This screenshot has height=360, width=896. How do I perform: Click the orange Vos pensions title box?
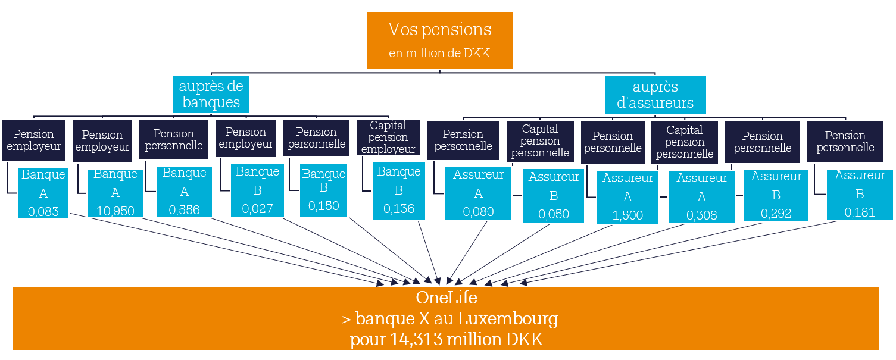439,40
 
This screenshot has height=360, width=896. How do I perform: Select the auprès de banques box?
211,94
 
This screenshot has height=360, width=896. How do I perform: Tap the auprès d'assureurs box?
655,95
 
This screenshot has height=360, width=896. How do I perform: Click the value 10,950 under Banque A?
115,211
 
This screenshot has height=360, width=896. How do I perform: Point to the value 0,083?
43,211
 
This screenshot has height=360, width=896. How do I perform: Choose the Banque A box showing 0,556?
185,191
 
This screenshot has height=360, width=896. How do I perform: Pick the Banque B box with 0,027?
257,190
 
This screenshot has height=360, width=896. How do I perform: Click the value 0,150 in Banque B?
324,206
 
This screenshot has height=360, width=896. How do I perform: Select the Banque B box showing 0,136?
399,190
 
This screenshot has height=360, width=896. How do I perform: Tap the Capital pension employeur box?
388,137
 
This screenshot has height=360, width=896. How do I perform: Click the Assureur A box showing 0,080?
478,193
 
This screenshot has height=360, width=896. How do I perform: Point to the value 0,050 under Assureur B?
554,214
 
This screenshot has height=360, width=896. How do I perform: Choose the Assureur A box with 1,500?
627,197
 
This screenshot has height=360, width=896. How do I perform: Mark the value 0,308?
702,215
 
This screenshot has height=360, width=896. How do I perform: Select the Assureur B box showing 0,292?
776,195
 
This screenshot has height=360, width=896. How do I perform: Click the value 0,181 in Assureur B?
860,212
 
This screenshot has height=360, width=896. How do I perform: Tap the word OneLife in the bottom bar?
447,298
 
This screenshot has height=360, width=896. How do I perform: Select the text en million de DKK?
439,53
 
